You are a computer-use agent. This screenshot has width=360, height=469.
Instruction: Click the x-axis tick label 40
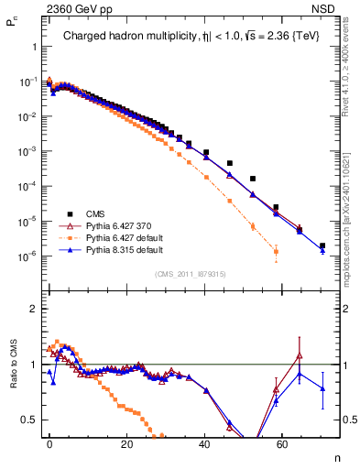(203, 443)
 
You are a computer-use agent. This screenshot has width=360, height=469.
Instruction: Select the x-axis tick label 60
(280, 443)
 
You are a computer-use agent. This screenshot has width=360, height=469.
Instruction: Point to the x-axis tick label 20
(126, 443)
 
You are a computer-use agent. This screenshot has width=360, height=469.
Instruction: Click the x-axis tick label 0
(49, 443)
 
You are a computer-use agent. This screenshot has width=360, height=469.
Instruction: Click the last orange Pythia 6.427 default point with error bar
(276, 251)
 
